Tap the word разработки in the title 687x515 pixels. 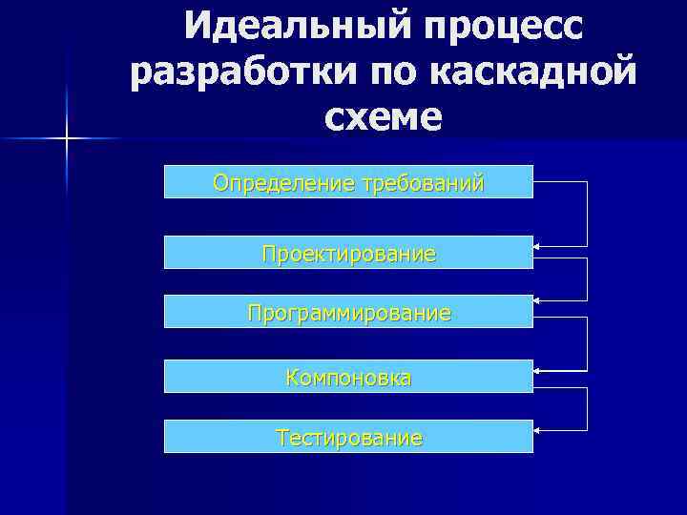click(230, 72)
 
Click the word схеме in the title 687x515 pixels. click(383, 116)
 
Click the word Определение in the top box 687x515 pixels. click(282, 181)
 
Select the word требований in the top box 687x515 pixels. click(421, 181)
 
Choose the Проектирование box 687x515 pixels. click(348, 253)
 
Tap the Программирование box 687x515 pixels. click(348, 312)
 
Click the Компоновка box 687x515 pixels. click(348, 377)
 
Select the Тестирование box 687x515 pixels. click(348, 437)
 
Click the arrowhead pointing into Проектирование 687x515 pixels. click(537, 247)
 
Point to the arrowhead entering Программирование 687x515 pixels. click(537, 301)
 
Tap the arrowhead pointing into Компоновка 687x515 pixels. click(537, 369)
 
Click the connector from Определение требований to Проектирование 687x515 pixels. click(587, 214)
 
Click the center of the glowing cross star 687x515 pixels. click(68, 139)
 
